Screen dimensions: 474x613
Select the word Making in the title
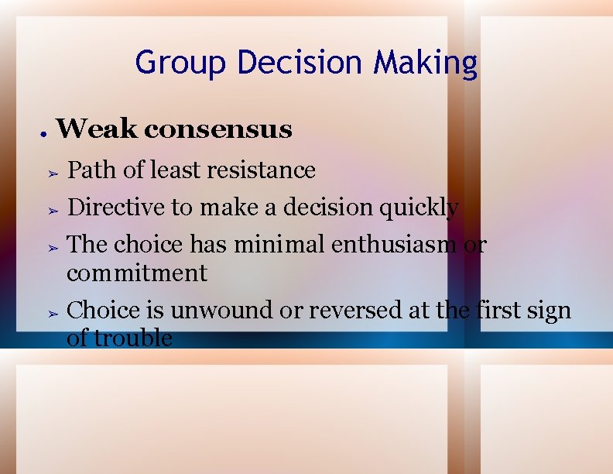coord(425,62)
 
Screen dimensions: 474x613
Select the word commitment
coord(136,273)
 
